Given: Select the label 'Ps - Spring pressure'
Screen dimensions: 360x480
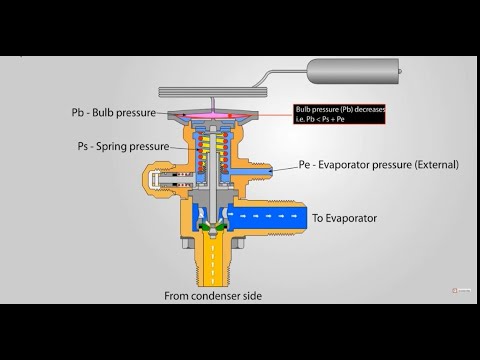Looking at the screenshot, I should coord(119,145).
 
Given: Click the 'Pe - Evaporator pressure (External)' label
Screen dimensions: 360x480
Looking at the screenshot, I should coord(376,164).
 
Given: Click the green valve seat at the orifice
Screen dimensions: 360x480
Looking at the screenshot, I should coord(209,229).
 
